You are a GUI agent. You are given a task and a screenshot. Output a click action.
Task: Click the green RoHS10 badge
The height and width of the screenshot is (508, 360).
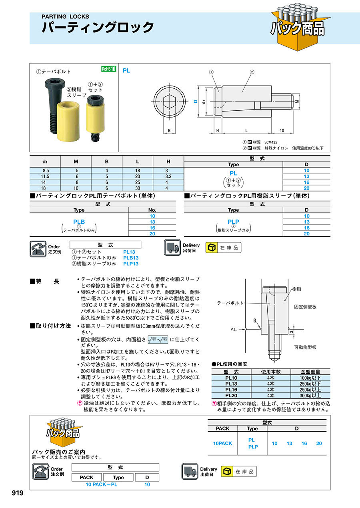(x=108, y=69)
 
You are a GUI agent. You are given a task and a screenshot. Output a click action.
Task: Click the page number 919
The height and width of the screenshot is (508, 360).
(x=18, y=493)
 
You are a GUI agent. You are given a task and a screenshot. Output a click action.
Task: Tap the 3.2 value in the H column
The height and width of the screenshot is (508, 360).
(x=168, y=176)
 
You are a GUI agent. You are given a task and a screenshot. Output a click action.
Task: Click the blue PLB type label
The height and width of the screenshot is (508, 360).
(x=79, y=221)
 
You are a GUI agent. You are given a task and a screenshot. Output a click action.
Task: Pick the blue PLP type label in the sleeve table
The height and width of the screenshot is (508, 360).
(x=233, y=221)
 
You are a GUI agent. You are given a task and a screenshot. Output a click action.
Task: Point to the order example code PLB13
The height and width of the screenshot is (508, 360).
(x=130, y=258)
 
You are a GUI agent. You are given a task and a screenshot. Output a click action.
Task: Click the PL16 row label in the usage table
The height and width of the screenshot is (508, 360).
(x=231, y=389)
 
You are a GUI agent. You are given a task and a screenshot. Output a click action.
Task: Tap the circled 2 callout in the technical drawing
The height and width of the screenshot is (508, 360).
(x=252, y=72)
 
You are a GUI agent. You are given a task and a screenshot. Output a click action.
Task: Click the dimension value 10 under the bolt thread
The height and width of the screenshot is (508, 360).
(x=282, y=131)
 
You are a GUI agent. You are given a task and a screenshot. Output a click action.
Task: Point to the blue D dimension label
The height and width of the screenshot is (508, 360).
(x=196, y=102)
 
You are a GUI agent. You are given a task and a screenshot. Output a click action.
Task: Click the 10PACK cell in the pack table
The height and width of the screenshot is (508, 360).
(x=223, y=443)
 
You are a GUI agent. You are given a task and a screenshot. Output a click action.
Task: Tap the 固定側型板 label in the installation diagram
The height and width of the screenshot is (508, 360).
(x=305, y=307)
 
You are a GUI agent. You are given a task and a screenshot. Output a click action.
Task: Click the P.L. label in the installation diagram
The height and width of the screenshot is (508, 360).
(x=234, y=330)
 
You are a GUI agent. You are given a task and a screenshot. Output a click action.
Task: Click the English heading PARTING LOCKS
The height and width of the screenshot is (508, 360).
(x=66, y=17)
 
